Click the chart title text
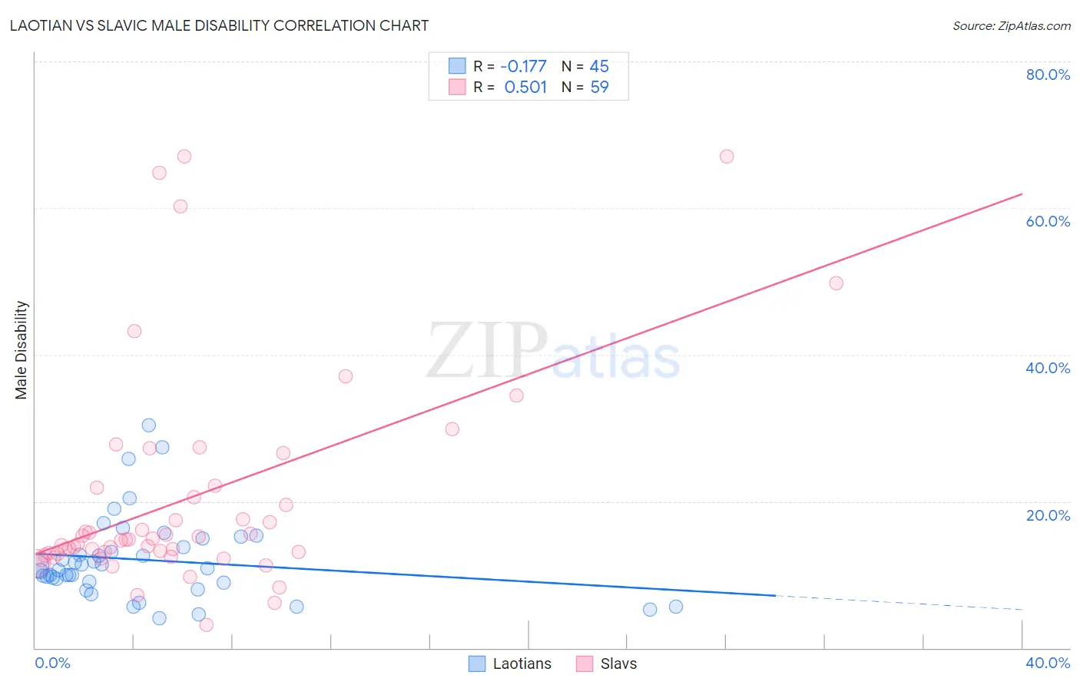tap(219, 25)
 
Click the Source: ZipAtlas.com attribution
tap(1011, 26)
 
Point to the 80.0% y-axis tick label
tap(1048, 74)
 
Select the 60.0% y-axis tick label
tap(1048, 221)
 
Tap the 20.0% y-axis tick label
tap(1048, 515)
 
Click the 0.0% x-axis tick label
tap(52, 663)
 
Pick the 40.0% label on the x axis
tap(1048, 663)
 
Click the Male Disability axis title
tap(22, 349)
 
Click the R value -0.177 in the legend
tap(523, 67)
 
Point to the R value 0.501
tap(525, 88)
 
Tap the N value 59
tap(599, 88)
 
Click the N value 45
tap(599, 67)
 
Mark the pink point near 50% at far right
tap(836, 283)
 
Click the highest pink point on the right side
tap(726, 157)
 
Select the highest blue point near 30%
tap(148, 425)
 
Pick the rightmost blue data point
tap(675, 607)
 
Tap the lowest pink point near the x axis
tap(206, 625)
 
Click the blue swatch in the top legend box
tap(457, 66)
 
